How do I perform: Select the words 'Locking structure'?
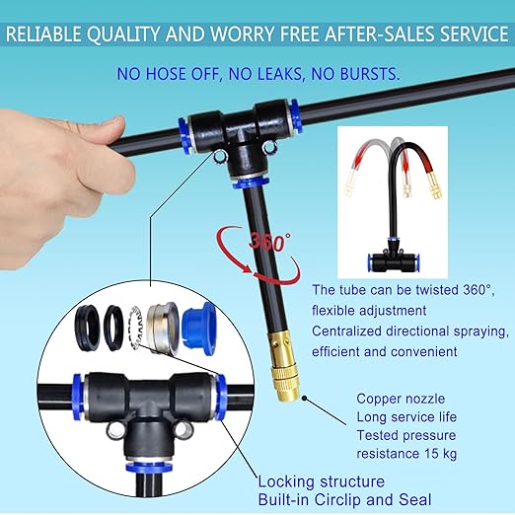321,481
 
